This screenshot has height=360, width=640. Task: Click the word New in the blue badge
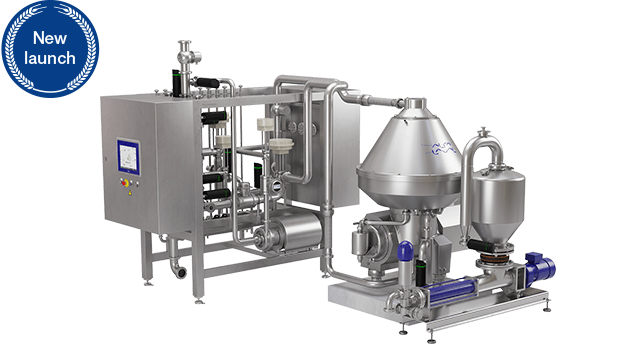pyautogui.click(x=50, y=38)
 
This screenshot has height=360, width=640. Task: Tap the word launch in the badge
pyautogui.click(x=50, y=58)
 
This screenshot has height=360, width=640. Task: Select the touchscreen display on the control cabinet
pyautogui.click(x=128, y=157)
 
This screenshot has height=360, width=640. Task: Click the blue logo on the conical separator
pyautogui.click(x=443, y=148)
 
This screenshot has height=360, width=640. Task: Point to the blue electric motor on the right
pyautogui.click(x=540, y=267)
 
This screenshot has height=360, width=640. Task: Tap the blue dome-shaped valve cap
pyautogui.click(x=405, y=250)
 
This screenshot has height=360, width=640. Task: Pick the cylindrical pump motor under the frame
pyautogui.click(x=288, y=232)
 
